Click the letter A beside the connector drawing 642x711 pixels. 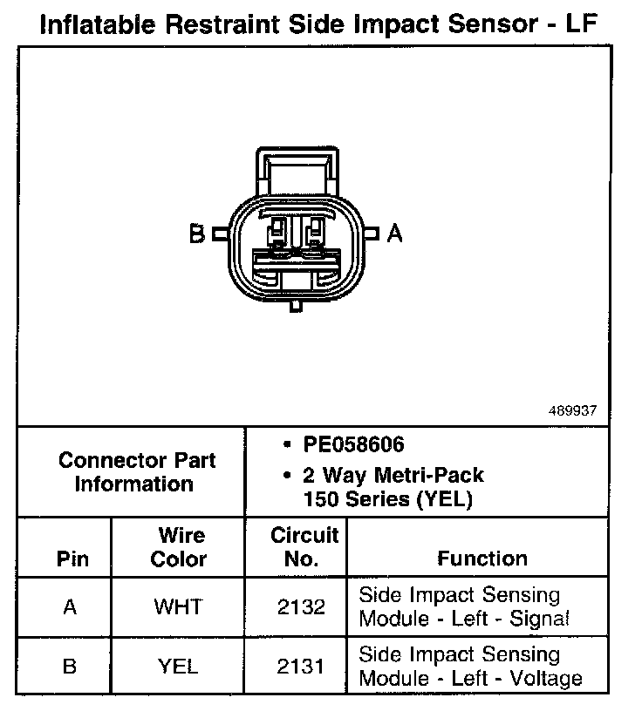[395, 234]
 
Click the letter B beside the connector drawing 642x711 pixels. [197, 234]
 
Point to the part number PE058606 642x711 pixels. [353, 445]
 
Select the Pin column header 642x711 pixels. [72, 558]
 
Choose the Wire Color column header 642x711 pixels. [179, 547]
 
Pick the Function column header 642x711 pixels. [481, 558]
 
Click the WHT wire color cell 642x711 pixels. [178, 606]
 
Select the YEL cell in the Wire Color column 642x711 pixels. [178, 667]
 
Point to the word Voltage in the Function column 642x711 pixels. [545, 678]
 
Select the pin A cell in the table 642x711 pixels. [71, 606]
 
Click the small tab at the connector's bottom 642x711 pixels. [297, 306]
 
